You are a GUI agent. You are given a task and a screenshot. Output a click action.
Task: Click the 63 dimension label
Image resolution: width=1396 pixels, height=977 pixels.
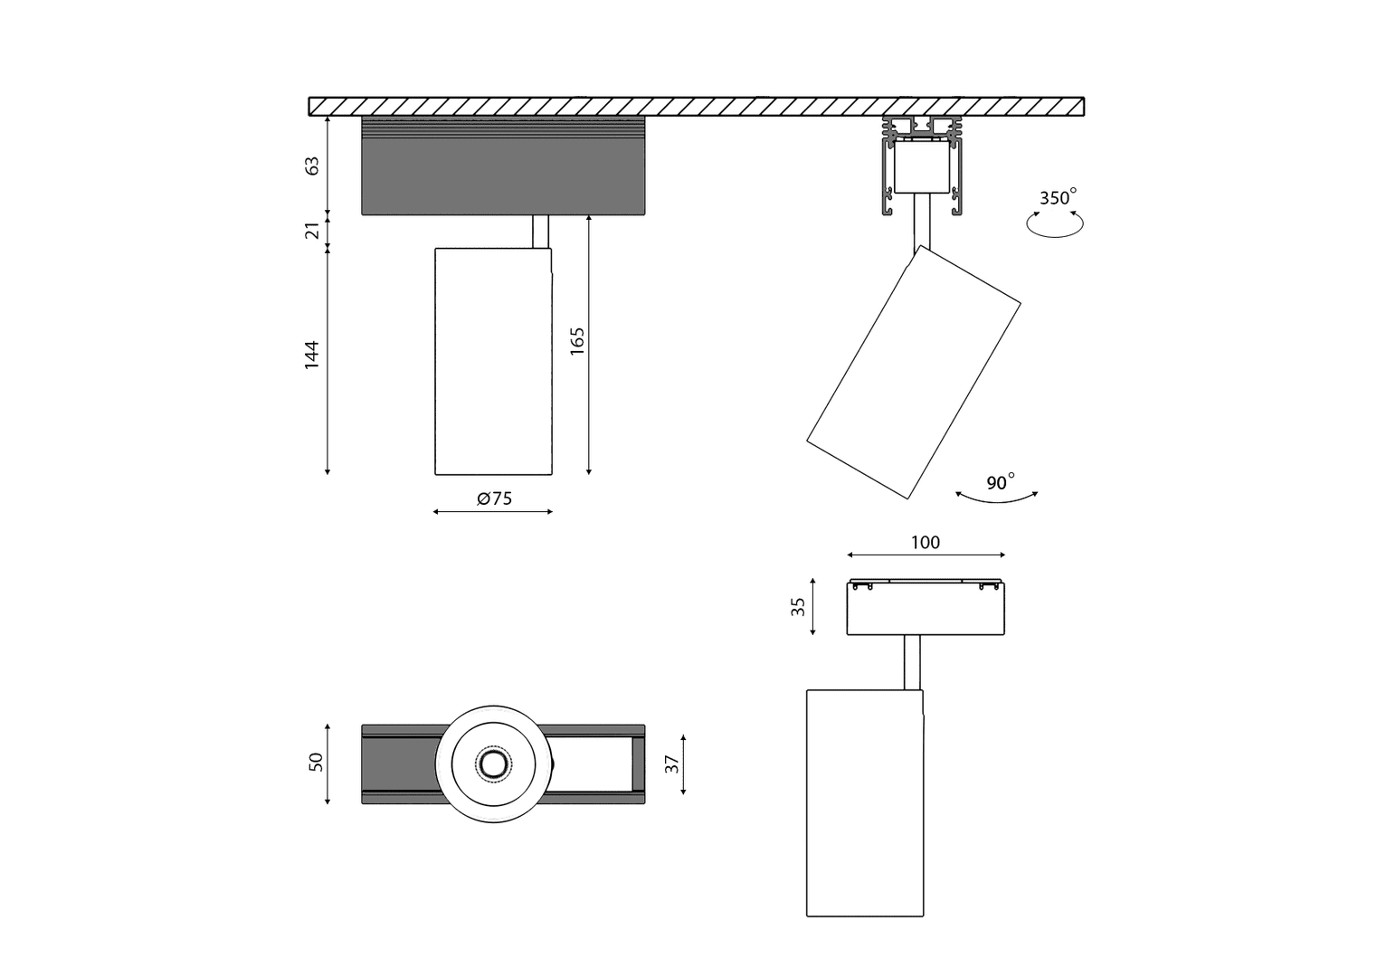311,166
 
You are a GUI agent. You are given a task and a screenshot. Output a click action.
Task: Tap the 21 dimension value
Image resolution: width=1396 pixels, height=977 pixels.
311,231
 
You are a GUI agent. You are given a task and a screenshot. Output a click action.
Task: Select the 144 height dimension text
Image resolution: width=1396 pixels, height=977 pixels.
311,356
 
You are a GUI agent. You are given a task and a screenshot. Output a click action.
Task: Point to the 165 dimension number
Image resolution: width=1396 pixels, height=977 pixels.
577,341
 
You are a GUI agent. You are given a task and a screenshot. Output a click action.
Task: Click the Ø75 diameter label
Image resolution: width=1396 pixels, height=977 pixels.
494,498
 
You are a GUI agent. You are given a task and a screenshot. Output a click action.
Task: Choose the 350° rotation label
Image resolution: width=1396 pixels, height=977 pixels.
1058,197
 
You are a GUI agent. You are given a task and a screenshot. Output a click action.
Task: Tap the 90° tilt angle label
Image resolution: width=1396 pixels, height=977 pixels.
1001,482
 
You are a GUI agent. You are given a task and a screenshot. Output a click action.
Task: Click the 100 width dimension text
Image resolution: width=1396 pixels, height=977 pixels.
926,543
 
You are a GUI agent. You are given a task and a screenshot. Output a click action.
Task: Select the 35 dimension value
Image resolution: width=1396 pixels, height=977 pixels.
798,607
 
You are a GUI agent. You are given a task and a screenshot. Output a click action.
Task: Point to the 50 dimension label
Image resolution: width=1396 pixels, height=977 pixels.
317,762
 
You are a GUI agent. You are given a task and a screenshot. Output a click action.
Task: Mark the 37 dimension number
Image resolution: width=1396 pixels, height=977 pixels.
672,764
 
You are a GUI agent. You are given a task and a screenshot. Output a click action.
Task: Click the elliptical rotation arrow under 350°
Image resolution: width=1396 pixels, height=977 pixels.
1055,237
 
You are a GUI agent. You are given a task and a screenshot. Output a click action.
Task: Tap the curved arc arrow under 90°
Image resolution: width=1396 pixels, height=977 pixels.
996,501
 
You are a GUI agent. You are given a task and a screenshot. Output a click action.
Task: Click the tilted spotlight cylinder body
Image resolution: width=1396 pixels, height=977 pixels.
914,373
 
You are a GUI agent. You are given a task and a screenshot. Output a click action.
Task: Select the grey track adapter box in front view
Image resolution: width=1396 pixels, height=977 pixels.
504,166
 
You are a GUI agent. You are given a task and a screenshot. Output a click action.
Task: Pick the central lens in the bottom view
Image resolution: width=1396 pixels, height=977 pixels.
494,764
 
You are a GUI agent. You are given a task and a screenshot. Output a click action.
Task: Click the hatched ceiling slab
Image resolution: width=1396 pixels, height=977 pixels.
696,107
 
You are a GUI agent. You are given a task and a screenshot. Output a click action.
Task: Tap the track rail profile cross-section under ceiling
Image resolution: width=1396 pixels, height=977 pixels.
922,166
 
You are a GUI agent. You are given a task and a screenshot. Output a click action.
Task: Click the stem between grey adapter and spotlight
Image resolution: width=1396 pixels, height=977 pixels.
540,232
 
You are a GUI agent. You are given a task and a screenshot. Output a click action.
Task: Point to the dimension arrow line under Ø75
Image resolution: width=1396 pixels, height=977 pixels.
493,512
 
